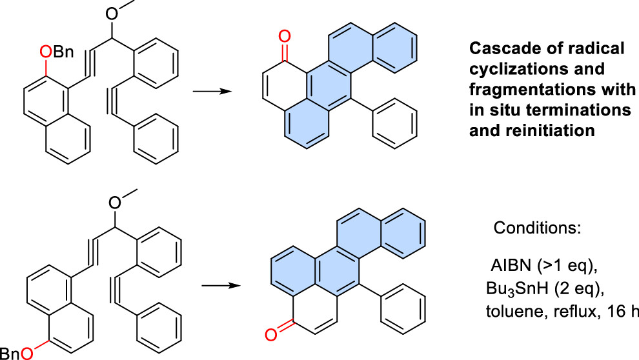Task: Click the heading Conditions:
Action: (529, 228)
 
